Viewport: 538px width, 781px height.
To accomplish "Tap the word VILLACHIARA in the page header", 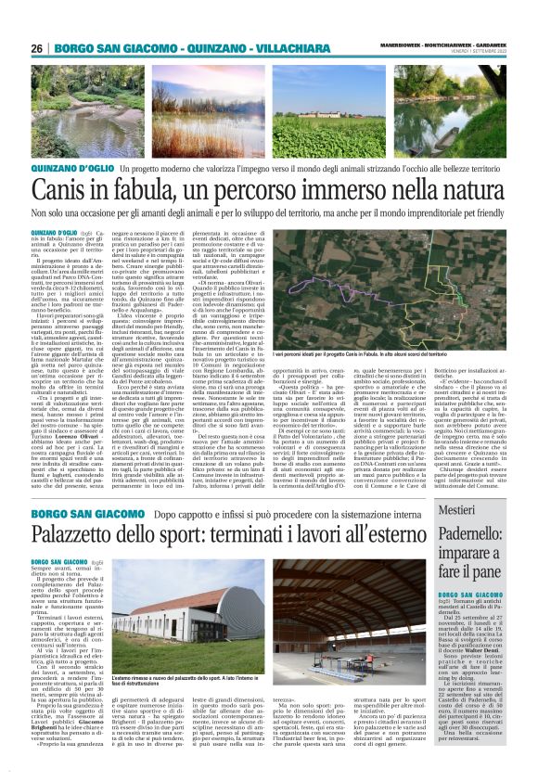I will pyautogui.click(x=257, y=48).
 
